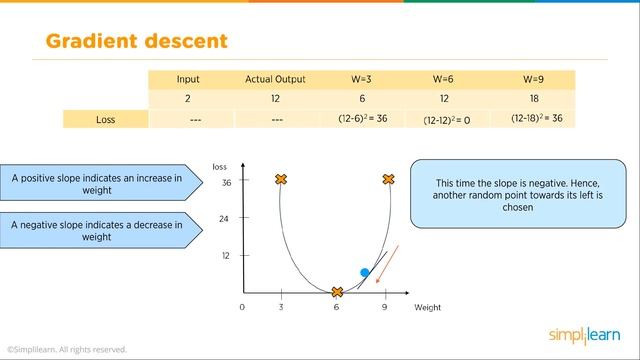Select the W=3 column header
(x=361, y=79)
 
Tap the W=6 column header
(x=444, y=79)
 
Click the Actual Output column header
(x=275, y=79)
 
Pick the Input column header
(x=188, y=79)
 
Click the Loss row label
(x=105, y=118)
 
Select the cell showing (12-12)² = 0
(x=444, y=119)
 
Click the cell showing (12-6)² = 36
(x=361, y=118)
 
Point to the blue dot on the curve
(x=365, y=271)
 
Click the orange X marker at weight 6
(x=337, y=292)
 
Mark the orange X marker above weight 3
(x=281, y=180)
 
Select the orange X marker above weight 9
(x=387, y=180)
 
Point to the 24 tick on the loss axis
(x=225, y=219)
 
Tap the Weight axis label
(x=427, y=308)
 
